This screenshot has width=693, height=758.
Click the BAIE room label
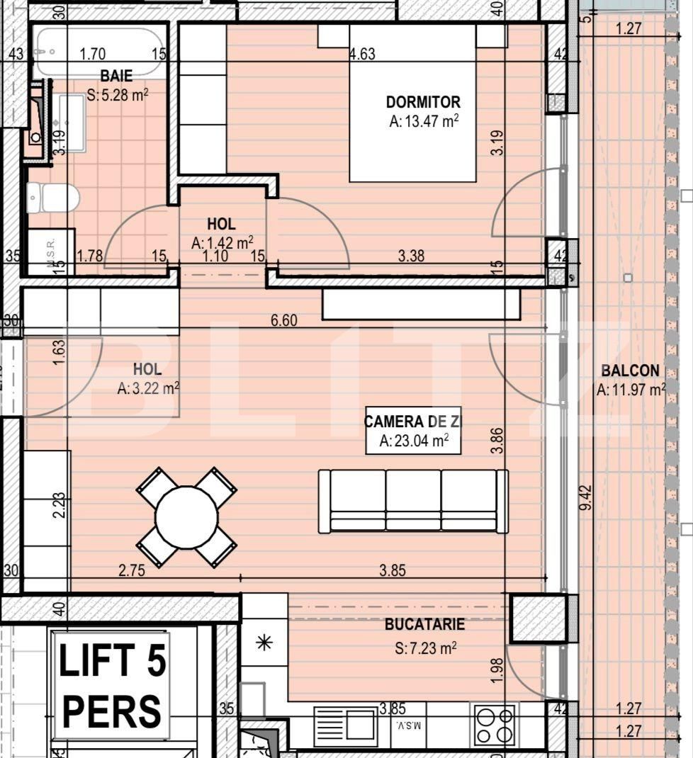tap(116, 76)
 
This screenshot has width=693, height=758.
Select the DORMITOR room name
tap(423, 102)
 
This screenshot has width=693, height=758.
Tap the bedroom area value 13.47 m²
tap(424, 121)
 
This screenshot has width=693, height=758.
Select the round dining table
tap(186, 517)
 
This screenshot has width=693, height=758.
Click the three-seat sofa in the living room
tap(413, 501)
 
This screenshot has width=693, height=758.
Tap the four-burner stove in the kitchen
tap(495, 724)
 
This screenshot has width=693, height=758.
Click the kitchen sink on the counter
tap(346, 726)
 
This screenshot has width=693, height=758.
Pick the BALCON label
tap(630, 370)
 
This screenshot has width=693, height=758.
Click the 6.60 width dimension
tap(283, 321)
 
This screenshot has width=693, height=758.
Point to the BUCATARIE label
tap(424, 624)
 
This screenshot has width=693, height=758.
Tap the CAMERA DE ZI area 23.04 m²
tap(413, 441)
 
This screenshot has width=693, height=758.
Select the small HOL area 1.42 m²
tap(222, 243)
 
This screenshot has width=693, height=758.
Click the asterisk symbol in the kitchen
tap(264, 643)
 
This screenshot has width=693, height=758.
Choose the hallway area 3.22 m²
tap(147, 388)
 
